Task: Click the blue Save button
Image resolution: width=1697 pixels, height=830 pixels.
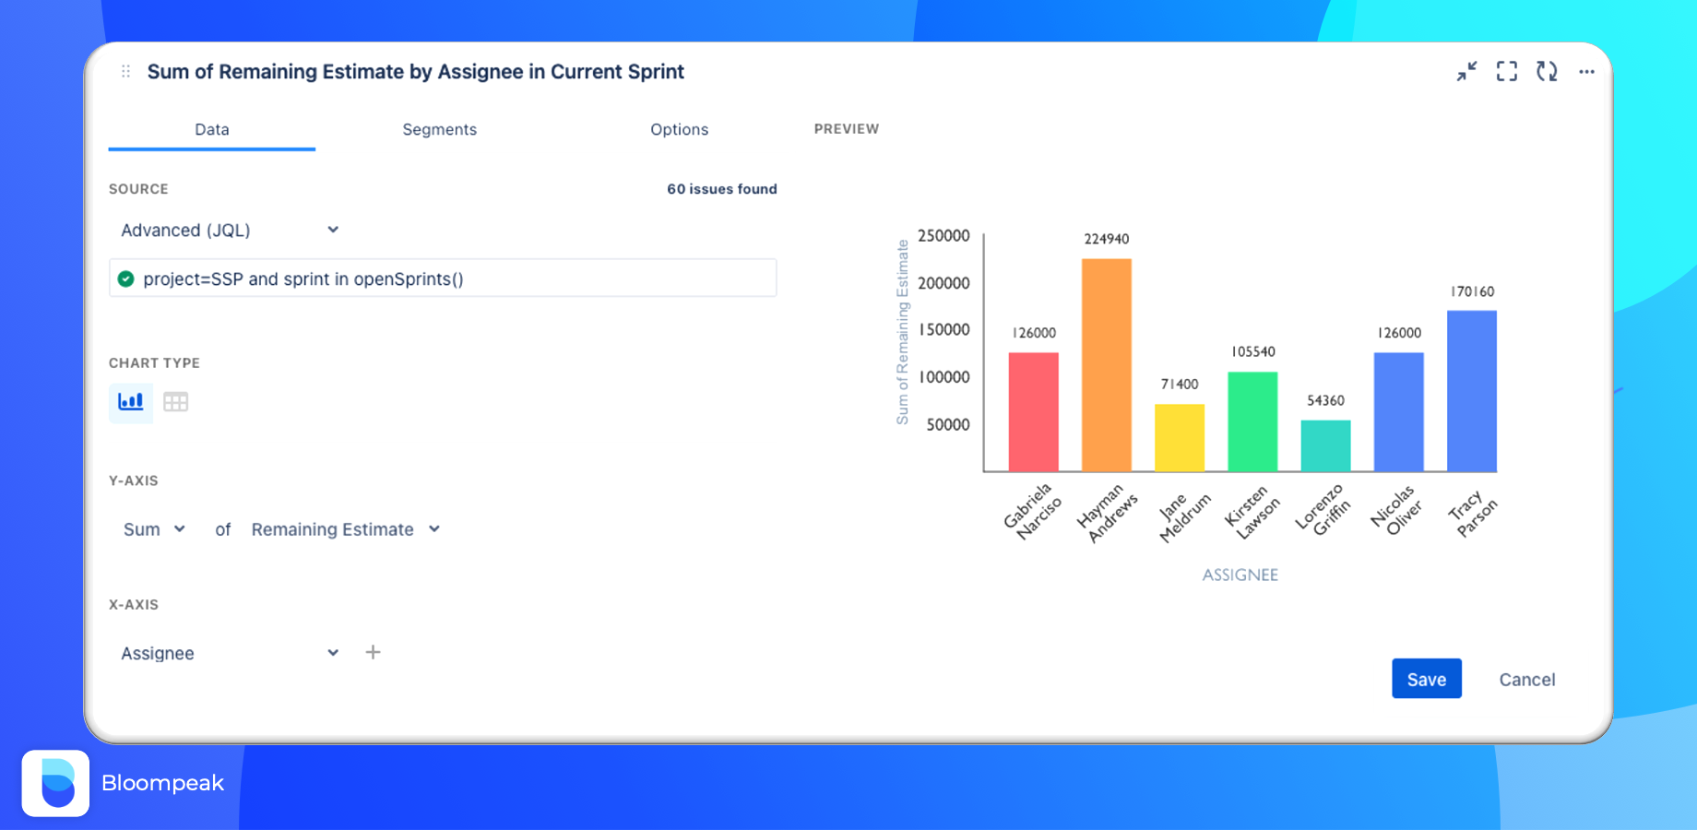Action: [1426, 679]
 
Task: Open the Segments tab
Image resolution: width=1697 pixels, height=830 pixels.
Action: [439, 130]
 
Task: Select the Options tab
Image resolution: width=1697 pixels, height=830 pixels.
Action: [679, 130]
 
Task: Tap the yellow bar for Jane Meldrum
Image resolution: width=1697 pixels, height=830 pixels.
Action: [1179, 438]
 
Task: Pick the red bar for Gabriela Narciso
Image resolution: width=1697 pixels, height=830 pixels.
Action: [1033, 412]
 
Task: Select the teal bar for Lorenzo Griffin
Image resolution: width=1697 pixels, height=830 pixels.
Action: [1325, 446]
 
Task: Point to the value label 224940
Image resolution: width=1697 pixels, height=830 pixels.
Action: [1106, 239]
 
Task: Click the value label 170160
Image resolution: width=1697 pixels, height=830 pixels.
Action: [1472, 291]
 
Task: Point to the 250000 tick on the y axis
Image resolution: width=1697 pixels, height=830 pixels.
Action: [943, 236]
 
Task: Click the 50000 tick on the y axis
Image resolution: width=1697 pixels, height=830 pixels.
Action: [947, 425]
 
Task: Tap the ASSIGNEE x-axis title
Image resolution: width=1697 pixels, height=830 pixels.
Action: [1240, 575]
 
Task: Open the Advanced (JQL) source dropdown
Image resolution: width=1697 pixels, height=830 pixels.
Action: [230, 231]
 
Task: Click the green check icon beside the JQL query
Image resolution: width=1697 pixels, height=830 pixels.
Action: [126, 279]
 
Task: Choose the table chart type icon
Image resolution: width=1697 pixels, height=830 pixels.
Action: [175, 401]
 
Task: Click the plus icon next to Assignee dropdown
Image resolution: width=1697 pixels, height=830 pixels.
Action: [373, 652]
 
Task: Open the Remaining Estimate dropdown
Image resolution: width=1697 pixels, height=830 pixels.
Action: [345, 529]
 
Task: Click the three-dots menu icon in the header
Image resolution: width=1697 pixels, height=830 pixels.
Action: [1586, 72]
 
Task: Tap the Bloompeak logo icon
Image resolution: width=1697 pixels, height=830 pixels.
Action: [55, 783]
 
